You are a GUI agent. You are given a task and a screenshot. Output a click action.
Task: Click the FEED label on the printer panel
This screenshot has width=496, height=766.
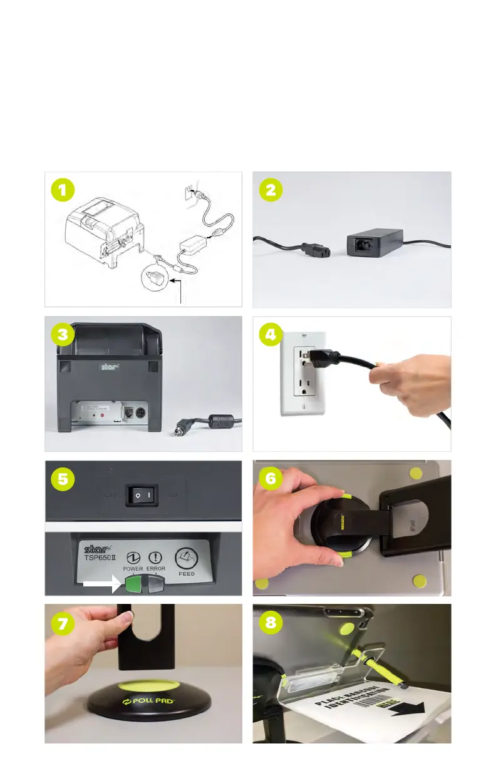pyautogui.click(x=187, y=573)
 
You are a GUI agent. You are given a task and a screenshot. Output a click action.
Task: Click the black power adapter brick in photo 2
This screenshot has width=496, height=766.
pyautogui.click(x=373, y=243)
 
